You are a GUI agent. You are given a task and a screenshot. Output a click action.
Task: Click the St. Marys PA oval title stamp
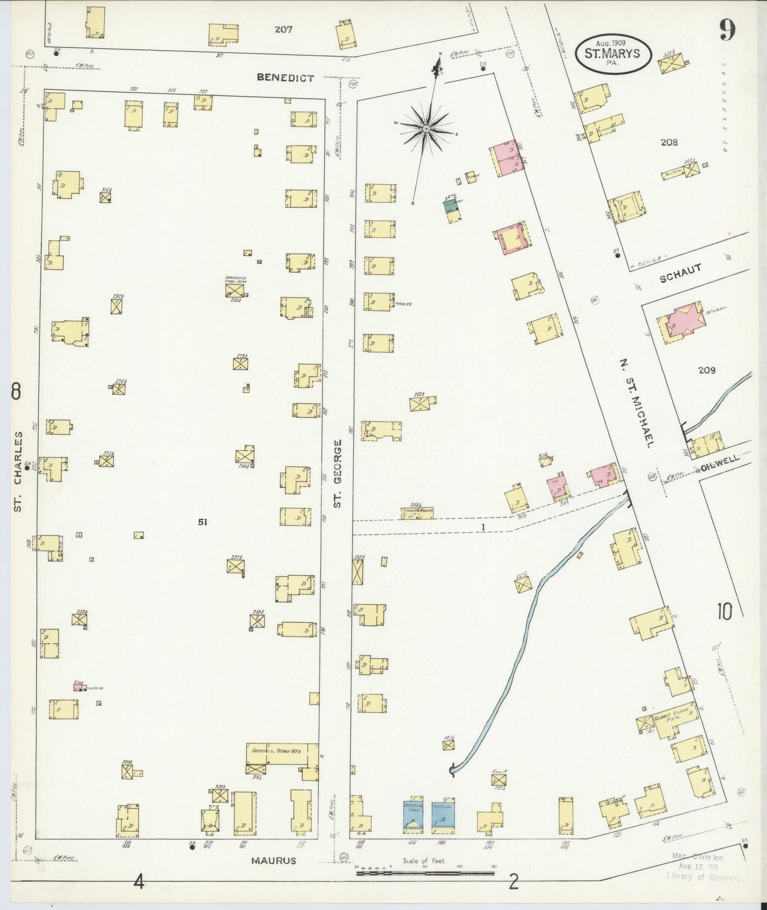tap(614, 53)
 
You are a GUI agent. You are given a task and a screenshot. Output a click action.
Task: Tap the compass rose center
tap(426, 129)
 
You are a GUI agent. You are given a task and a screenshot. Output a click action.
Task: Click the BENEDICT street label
tap(285, 78)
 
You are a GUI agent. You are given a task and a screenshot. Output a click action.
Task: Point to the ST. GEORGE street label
tap(337, 473)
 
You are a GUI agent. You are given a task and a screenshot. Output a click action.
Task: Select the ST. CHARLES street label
tap(18, 471)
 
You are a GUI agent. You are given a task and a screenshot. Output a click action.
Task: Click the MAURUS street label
tap(274, 861)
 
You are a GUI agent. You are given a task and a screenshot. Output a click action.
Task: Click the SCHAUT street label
tap(682, 272)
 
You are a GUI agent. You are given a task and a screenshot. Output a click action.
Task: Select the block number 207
tap(283, 30)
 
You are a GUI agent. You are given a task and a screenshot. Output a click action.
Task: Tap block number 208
tap(669, 142)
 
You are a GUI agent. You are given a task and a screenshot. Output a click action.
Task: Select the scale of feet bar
tap(424, 873)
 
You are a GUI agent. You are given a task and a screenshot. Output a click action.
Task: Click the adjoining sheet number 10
tap(724, 612)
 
